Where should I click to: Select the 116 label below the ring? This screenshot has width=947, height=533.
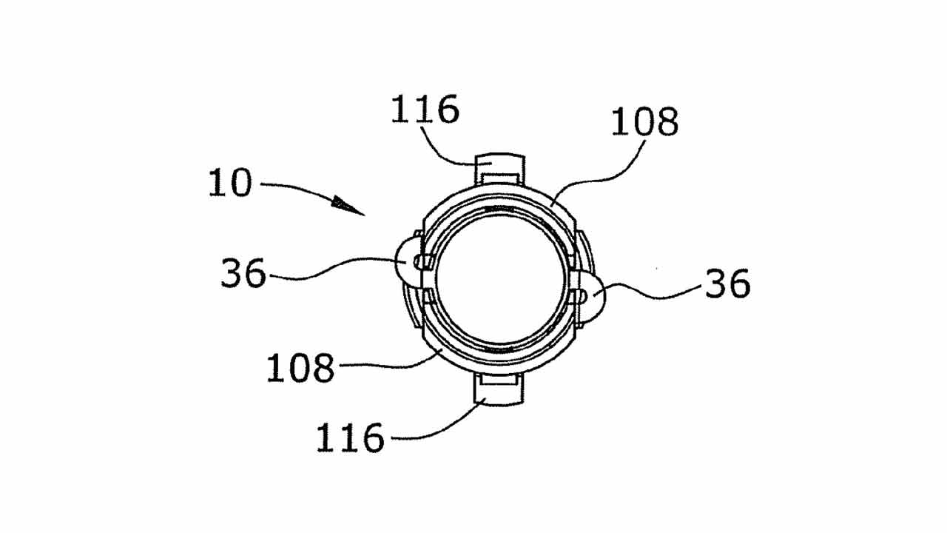pyautogui.click(x=350, y=438)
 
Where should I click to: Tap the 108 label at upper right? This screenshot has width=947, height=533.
pyautogui.click(x=644, y=121)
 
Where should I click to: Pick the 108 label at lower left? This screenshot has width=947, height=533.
pyautogui.click(x=300, y=368)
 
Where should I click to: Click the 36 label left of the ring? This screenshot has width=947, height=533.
pyautogui.click(x=243, y=273)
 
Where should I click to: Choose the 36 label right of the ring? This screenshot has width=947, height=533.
pyautogui.click(x=727, y=283)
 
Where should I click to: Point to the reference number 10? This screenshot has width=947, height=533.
pyautogui.click(x=230, y=183)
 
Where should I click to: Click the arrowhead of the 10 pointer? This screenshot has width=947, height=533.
pyautogui.click(x=348, y=206)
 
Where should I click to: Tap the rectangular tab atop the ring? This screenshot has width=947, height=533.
pyautogui.click(x=499, y=170)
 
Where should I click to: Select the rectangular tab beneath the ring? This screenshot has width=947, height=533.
pyautogui.click(x=499, y=389)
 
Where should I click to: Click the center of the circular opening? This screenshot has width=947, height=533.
pyautogui.click(x=501, y=280)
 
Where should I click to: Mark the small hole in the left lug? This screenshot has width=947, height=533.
pyautogui.click(x=418, y=262)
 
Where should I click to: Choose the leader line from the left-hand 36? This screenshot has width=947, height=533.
pyautogui.click(x=338, y=267)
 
